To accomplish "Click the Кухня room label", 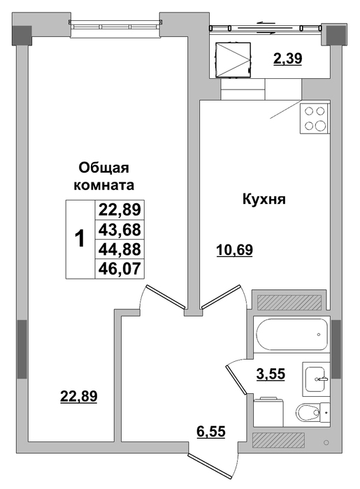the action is point(264,199).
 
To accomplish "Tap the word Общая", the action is point(103,168).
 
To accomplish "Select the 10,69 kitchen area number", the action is point(234,250).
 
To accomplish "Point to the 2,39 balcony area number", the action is point(287,58).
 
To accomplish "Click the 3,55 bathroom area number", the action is point(271,374).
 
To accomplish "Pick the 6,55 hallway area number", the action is point(211,432).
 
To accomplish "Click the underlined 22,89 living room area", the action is point(79,396).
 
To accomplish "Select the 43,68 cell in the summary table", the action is point(120,230).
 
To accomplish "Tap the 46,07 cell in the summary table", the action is point(120,268).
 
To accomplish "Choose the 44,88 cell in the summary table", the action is point(120,249).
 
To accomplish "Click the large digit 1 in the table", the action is point(80,239).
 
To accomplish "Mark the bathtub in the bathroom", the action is point(291,335).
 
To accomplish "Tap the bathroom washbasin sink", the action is point(316,379).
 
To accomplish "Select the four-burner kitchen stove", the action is point(315,119).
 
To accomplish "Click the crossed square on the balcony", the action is point(233,59).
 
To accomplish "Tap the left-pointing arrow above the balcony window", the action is point(265,23).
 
